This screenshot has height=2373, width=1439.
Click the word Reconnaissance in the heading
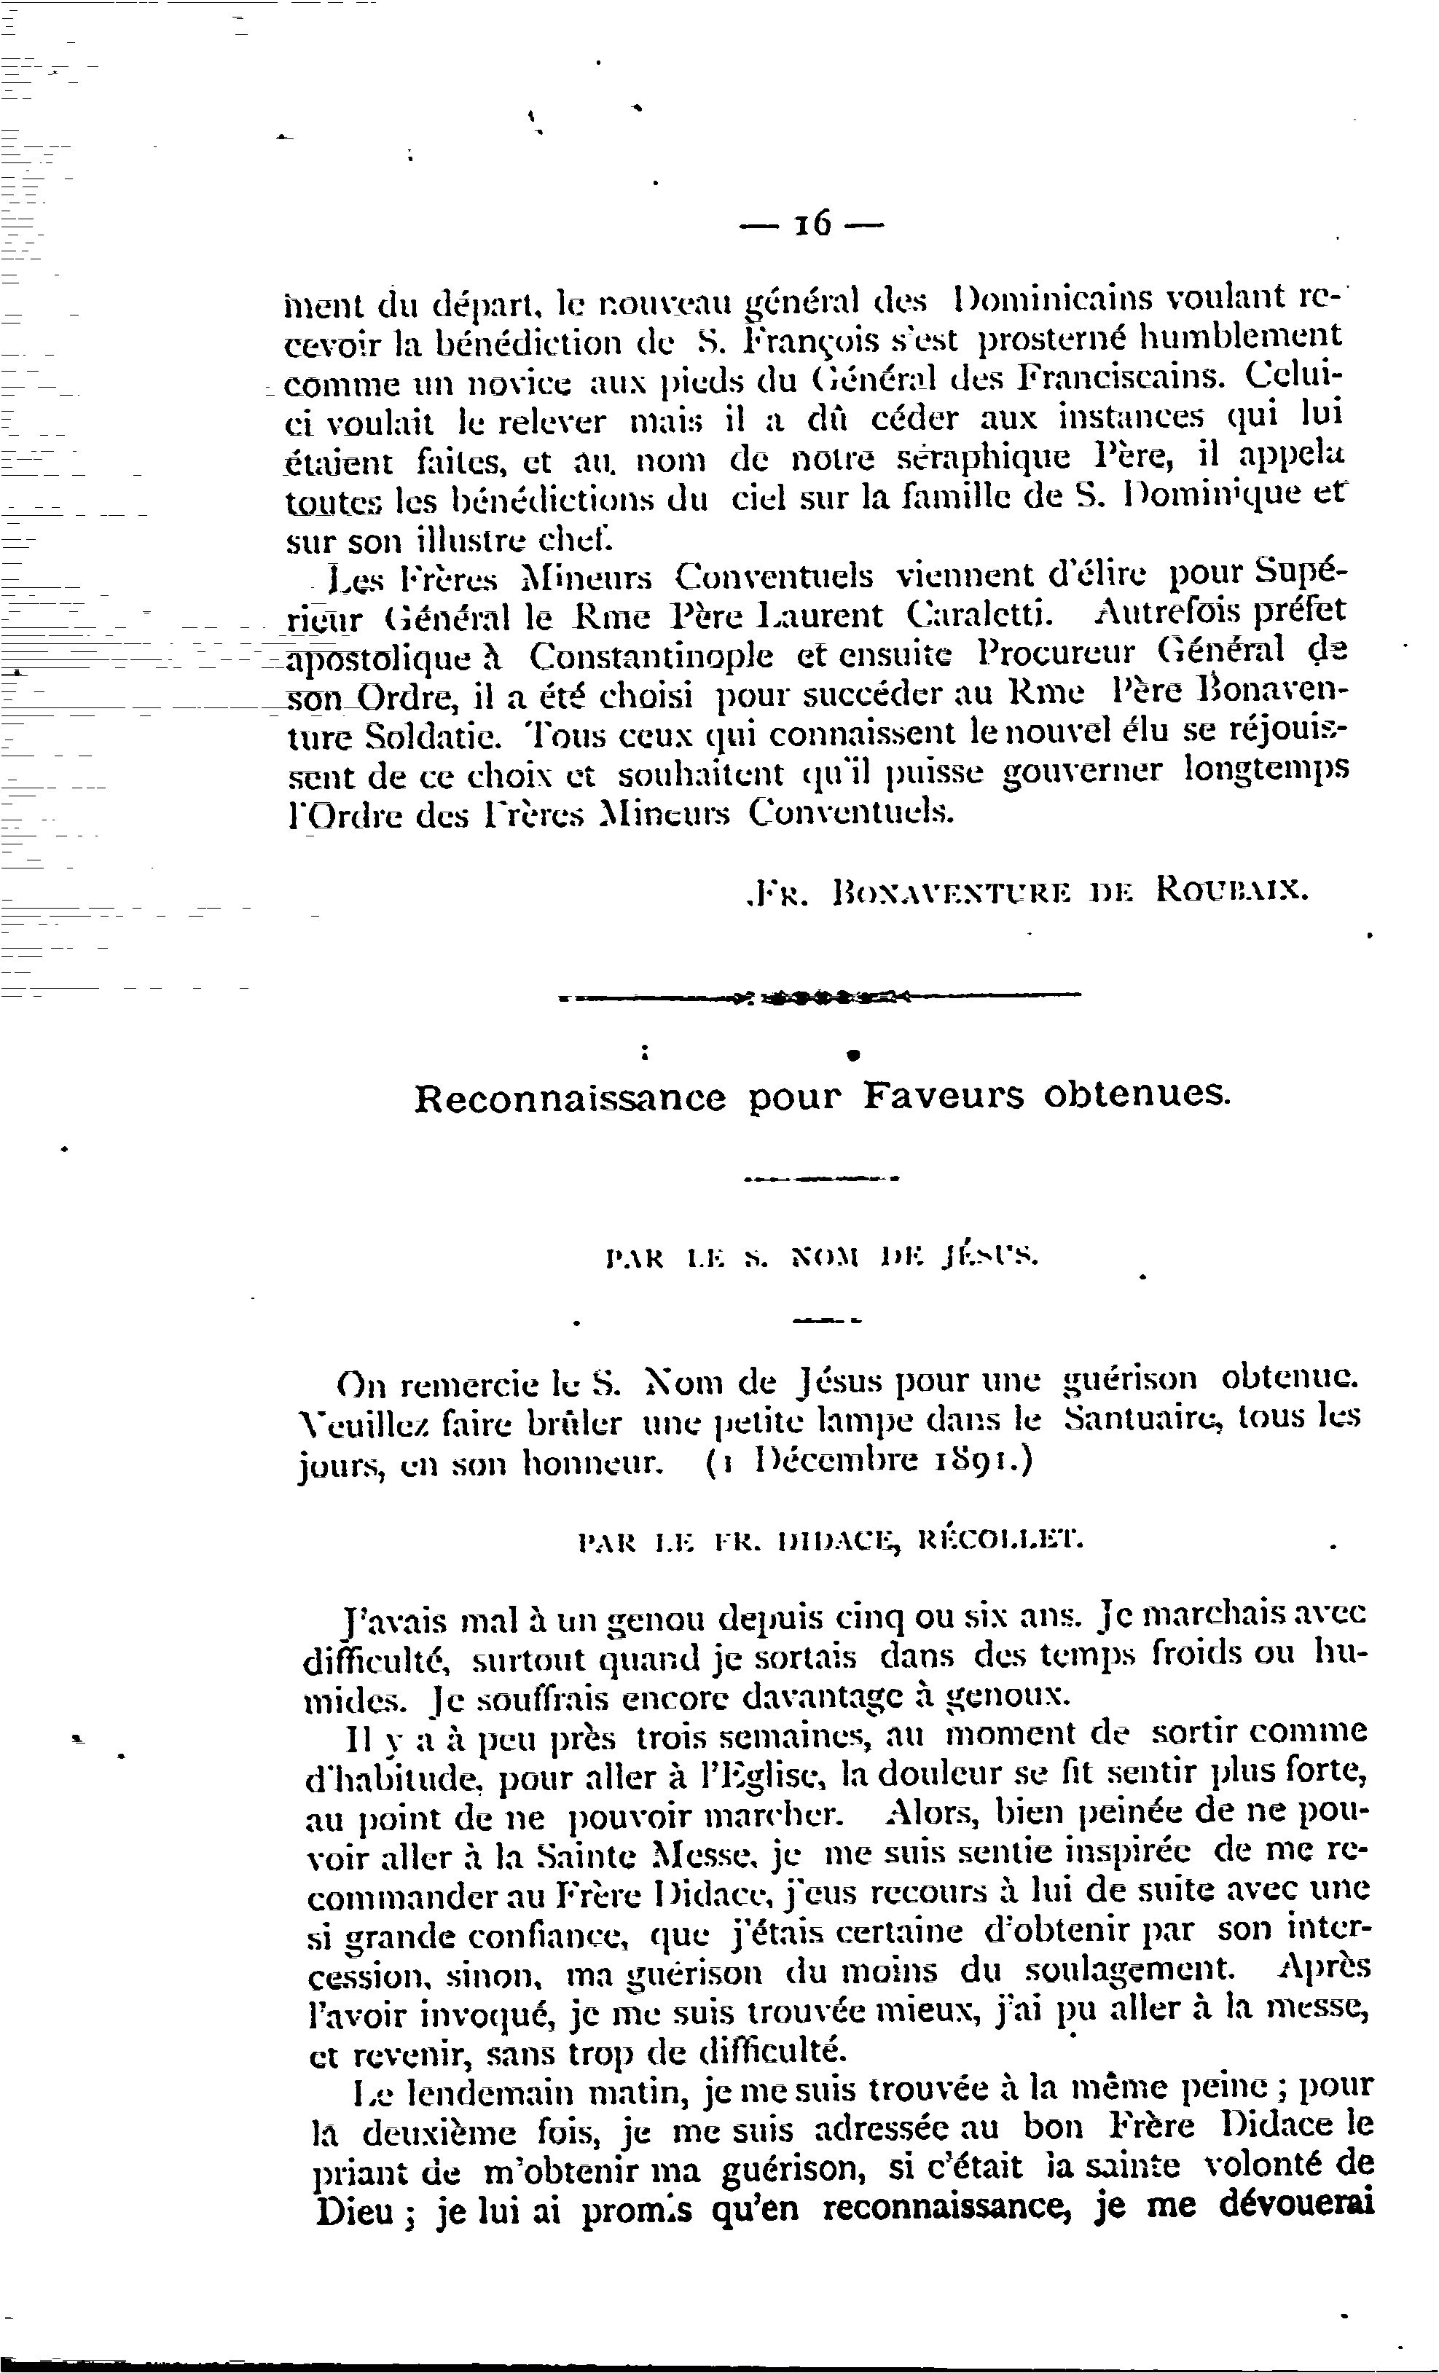click(570, 1098)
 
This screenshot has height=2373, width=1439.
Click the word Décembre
click(832, 1461)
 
